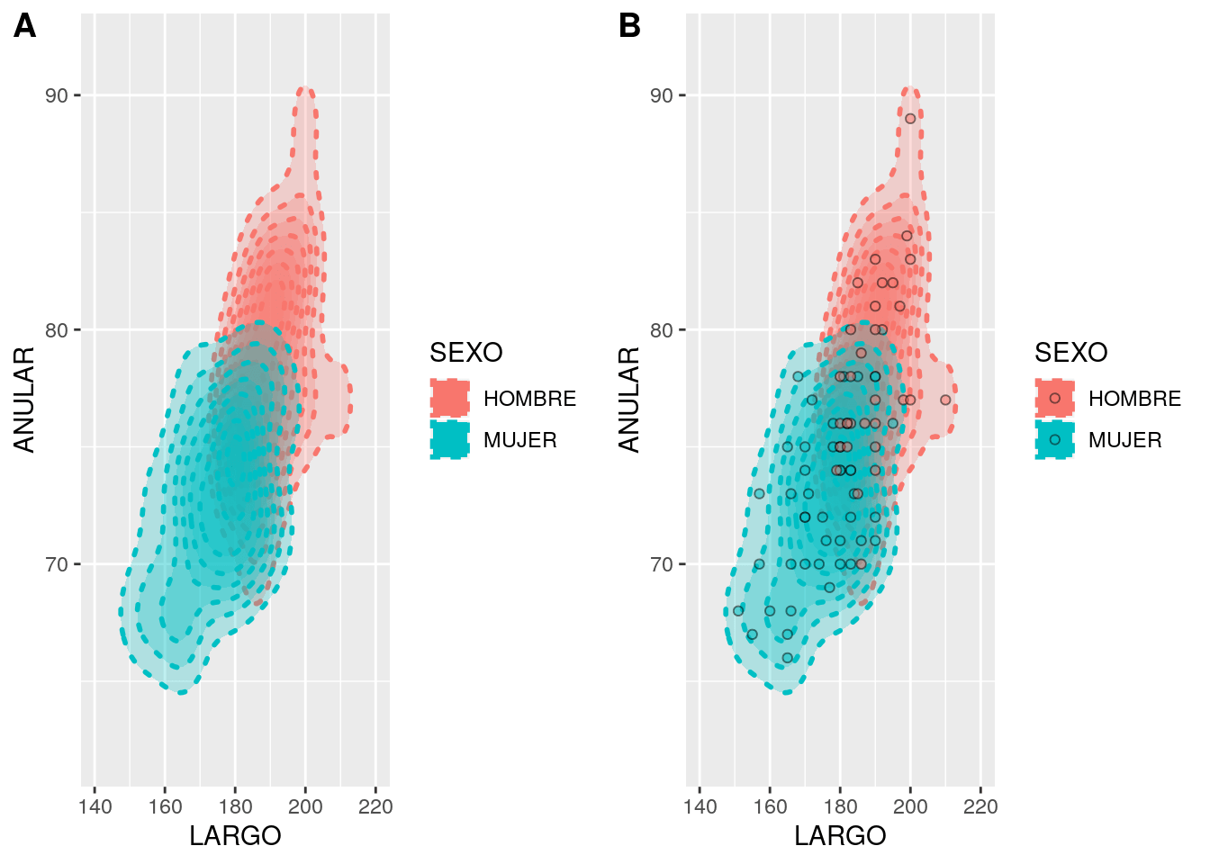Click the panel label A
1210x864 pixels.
point(25,26)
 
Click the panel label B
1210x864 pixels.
point(629,26)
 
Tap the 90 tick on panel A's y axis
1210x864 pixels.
point(57,95)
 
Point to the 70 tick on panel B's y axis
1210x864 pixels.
point(662,564)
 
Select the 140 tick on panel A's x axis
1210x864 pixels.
point(95,806)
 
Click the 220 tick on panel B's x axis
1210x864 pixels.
point(980,806)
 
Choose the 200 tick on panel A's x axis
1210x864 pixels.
point(305,806)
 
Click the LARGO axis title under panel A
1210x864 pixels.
point(235,836)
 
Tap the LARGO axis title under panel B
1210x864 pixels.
point(840,836)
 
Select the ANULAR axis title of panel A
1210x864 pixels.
point(24,400)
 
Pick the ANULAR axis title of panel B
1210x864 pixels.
point(629,400)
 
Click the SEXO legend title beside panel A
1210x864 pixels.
point(465,352)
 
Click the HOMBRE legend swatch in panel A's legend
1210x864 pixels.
point(450,398)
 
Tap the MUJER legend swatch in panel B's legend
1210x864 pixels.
point(1055,440)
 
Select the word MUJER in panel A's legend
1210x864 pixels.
point(520,440)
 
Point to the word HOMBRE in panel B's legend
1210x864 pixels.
point(1134,399)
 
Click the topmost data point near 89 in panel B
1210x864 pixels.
point(910,119)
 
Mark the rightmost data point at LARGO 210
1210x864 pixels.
point(945,400)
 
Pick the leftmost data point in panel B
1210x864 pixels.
point(738,611)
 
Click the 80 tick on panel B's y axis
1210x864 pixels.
point(662,329)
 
